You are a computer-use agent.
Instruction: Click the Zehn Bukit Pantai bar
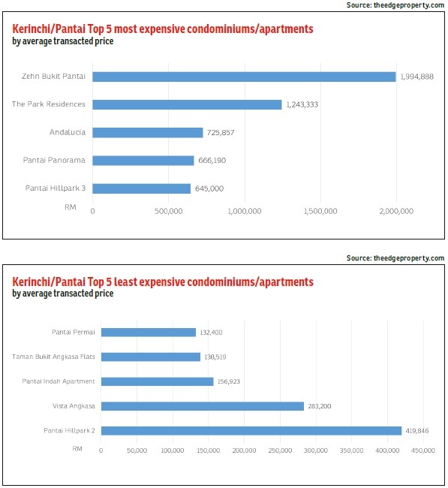coord(244,77)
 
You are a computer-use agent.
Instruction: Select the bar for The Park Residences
coord(187,104)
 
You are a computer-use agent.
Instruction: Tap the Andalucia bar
coord(148,133)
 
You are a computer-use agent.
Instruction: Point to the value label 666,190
coord(212,161)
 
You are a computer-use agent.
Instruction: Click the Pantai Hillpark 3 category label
coord(56,188)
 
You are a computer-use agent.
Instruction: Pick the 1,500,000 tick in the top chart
coord(320,211)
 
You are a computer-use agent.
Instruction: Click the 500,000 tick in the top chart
coord(169,211)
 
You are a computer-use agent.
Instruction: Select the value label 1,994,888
coord(417,77)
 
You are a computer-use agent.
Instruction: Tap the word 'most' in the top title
coord(125,29)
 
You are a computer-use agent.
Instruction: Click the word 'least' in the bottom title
coord(125,282)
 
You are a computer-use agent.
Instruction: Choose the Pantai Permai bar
coord(149,333)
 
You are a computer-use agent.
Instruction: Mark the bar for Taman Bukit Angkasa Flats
coord(151,357)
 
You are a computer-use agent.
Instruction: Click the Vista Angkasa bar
coord(203,406)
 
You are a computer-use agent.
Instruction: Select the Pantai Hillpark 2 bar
coord(251,431)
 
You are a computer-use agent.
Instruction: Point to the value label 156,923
coord(229,381)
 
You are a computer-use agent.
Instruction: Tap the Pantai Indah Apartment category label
coord(59,381)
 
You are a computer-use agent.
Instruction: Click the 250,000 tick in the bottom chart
coord(280,450)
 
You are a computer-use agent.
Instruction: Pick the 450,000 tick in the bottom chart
coord(423,450)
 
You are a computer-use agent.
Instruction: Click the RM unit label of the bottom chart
coord(77,449)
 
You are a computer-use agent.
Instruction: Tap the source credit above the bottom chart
coord(395,258)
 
